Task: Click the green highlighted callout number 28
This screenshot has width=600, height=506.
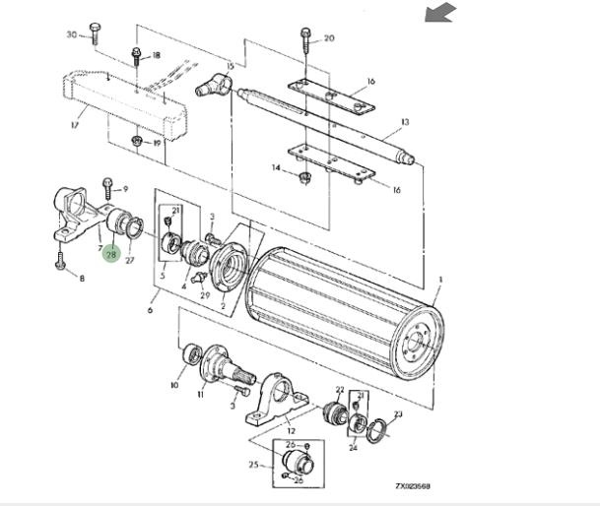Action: tap(111, 254)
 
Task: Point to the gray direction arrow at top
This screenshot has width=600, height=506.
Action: tap(441, 12)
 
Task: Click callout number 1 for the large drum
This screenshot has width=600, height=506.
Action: tap(439, 281)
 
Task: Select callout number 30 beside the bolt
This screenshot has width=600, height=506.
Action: tap(71, 34)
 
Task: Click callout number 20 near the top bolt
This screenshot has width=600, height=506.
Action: tap(328, 38)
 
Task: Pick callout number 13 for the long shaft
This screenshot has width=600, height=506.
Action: tap(404, 124)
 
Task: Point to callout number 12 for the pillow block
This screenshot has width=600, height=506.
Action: tap(291, 429)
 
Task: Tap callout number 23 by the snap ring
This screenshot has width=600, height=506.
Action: tap(397, 414)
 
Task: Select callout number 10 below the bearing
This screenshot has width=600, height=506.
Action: tap(175, 385)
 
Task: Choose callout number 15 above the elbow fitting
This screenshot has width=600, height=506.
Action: tap(231, 66)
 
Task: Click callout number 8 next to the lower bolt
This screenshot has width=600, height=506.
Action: tap(82, 280)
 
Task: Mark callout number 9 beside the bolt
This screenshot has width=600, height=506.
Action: tap(125, 188)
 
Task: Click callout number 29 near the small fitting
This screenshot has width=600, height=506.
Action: tap(205, 295)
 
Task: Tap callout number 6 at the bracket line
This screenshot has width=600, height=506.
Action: tap(150, 312)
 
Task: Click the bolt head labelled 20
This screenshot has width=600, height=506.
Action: tap(304, 37)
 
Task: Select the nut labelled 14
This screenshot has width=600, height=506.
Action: tap(304, 177)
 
